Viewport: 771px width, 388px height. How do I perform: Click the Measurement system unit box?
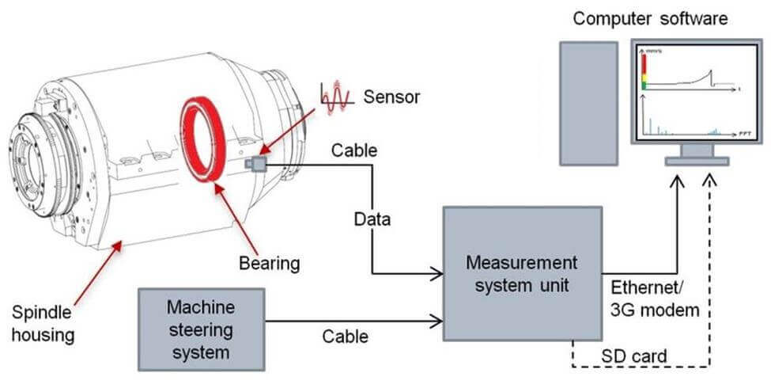[521, 274]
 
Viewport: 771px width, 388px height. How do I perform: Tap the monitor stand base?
[696, 161]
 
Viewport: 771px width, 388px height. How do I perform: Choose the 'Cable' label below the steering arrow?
[345, 337]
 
